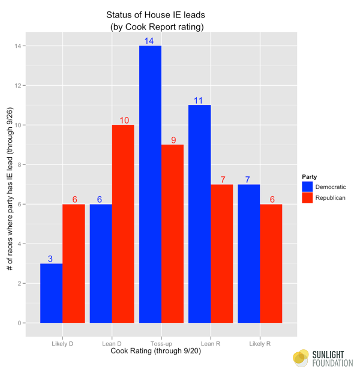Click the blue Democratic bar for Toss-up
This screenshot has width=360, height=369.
coord(150,184)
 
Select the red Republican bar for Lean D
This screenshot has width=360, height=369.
coord(122,224)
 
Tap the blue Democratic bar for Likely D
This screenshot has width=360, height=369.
coord(51,293)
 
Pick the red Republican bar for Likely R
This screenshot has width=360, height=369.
coord(271,263)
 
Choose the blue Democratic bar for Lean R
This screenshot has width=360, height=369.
coord(199,214)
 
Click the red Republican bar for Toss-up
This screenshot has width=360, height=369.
coord(172,233)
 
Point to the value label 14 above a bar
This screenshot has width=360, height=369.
coord(150,41)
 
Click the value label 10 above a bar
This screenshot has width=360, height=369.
coord(124,120)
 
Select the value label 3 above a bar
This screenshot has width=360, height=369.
coord(51,259)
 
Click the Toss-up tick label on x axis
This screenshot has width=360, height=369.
coord(161,343)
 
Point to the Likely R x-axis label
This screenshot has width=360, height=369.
coord(260,343)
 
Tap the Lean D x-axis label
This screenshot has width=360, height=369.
coord(112,343)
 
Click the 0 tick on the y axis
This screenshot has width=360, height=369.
coord(21,323)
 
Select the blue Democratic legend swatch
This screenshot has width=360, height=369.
coord(307,187)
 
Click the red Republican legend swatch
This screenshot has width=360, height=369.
coord(307,197)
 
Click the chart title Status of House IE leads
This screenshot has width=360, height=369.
coord(157,14)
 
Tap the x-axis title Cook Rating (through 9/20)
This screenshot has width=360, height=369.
coord(161,352)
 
